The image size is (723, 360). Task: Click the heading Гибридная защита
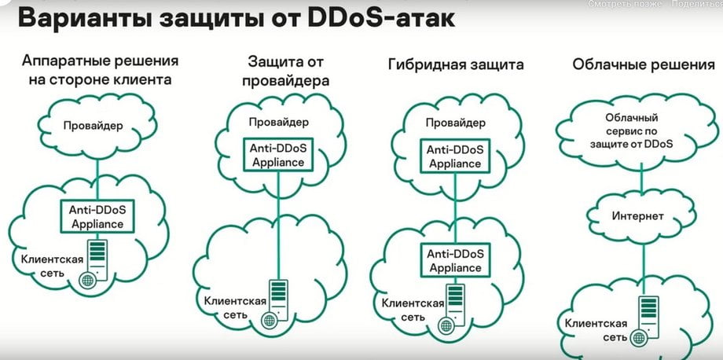click(x=456, y=64)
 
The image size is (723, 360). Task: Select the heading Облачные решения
click(x=644, y=64)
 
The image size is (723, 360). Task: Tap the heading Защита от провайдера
click(x=286, y=71)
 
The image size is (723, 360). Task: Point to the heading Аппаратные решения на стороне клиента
click(x=100, y=70)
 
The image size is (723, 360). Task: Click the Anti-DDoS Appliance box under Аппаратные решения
click(x=97, y=217)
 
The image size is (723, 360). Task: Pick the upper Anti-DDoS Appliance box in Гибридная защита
click(x=454, y=156)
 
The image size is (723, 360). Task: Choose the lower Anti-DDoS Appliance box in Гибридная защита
click(x=454, y=260)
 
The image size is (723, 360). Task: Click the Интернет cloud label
click(x=638, y=215)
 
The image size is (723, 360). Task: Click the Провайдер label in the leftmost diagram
click(x=94, y=126)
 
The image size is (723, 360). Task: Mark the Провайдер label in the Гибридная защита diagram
click(x=456, y=123)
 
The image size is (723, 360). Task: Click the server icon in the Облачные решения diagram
click(x=648, y=317)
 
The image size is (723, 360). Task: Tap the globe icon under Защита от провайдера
click(x=269, y=320)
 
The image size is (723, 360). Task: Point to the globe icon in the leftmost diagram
click(x=87, y=280)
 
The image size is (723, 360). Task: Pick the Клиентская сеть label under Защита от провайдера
click(x=235, y=308)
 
